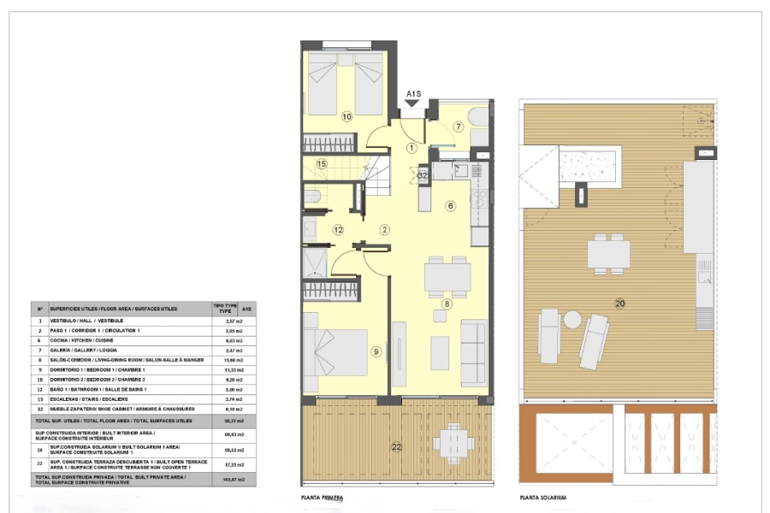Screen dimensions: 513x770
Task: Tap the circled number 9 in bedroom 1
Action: pyautogui.click(x=376, y=351)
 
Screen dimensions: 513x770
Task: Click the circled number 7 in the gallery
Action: pyautogui.click(x=459, y=127)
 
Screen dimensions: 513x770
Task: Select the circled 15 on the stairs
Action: pyautogui.click(x=322, y=164)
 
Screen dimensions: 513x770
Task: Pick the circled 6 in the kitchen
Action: pyautogui.click(x=450, y=205)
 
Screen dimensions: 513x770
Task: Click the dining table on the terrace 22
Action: pyautogui.click(x=453, y=443)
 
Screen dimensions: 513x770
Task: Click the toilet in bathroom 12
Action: pyautogui.click(x=312, y=199)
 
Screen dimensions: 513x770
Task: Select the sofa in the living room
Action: pyautogui.click(x=473, y=341)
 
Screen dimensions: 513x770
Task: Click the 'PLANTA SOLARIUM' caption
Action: pyautogui.click(x=543, y=498)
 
